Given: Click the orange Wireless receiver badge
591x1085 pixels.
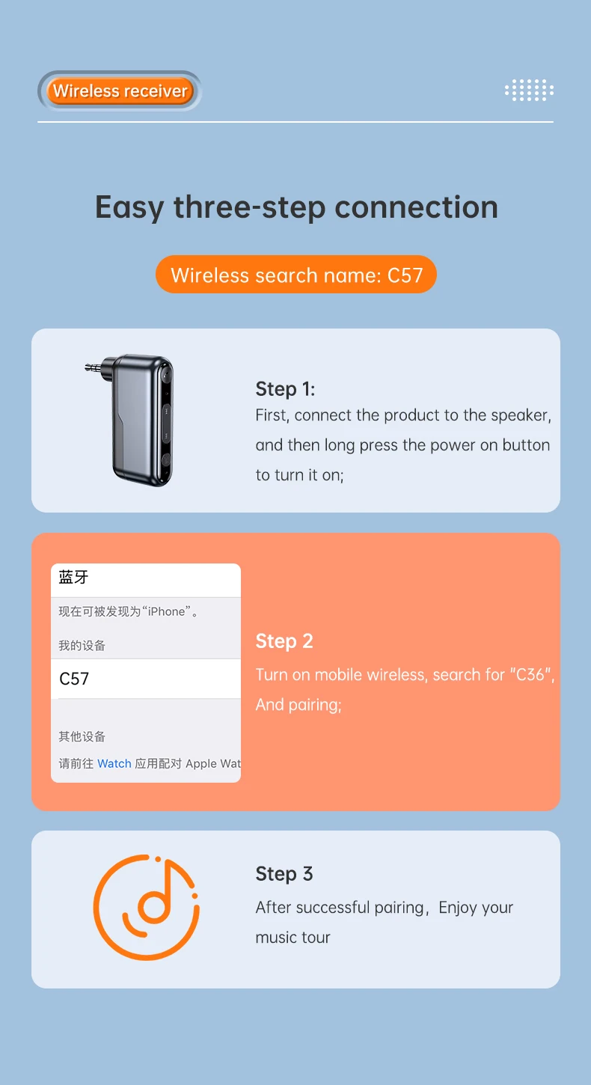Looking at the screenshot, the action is click(x=120, y=91).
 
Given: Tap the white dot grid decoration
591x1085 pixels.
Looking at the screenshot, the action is click(x=529, y=90).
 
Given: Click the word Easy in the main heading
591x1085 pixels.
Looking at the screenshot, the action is click(x=129, y=208).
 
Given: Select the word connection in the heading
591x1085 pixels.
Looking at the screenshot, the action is click(x=416, y=207).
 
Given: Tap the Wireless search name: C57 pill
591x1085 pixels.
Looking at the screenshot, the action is click(x=296, y=274).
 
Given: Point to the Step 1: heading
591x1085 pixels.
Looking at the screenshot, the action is click(x=285, y=389).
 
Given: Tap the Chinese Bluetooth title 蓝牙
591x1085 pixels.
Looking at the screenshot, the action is click(x=73, y=577).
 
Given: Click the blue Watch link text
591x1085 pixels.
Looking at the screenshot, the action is click(x=114, y=763).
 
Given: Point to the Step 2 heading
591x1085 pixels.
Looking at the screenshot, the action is click(x=284, y=641).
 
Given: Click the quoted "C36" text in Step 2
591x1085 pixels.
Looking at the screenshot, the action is click(x=531, y=674).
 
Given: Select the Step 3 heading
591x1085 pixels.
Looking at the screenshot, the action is click(x=284, y=874).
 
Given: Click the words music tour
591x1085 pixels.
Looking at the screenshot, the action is click(x=293, y=938).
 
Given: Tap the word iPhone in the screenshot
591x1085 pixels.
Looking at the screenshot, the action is click(x=166, y=611).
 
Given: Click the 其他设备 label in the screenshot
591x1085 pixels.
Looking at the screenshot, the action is click(x=82, y=736).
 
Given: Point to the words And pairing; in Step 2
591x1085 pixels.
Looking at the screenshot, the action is click(x=298, y=705).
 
